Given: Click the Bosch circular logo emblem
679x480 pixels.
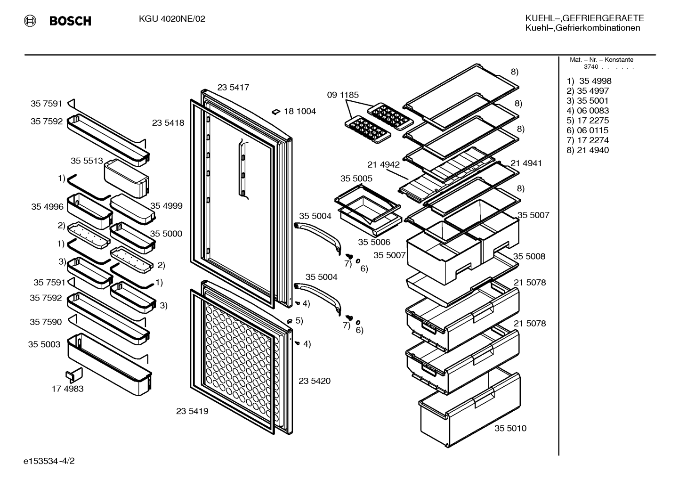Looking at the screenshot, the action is coord(30,21).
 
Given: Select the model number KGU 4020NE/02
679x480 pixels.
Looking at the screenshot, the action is coord(172,19).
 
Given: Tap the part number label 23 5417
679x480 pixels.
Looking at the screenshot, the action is coord(233,87).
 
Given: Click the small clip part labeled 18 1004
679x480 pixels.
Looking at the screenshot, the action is coord(275,112).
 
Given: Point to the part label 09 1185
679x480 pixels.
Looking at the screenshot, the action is coord(342,95).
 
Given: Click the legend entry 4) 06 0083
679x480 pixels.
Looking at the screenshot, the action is coord(588,111).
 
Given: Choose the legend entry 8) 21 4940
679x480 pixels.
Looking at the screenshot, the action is coord(588,150).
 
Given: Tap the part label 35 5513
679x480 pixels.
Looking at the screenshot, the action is coord(87,161).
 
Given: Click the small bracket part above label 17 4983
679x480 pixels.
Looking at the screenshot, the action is coord(74,375).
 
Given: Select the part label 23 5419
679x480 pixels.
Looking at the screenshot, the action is coord(192,411).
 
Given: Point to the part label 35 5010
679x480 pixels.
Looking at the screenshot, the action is coord(510,428).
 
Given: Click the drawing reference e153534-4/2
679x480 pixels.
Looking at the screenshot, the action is coord(49,461).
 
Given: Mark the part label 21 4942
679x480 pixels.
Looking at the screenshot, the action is coord(383,165).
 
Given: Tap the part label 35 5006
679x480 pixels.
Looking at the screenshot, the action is coord(374,242).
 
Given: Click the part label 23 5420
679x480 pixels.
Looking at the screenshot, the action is coord(315,381).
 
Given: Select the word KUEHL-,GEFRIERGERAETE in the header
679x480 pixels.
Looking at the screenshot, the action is coord(584,18).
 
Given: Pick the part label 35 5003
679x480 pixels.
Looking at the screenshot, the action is coord(44,344).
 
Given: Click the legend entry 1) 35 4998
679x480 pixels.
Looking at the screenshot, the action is coord(589,81).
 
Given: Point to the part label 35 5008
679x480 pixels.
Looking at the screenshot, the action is coord(529,256).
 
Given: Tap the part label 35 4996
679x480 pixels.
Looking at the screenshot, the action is coord(47,207).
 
